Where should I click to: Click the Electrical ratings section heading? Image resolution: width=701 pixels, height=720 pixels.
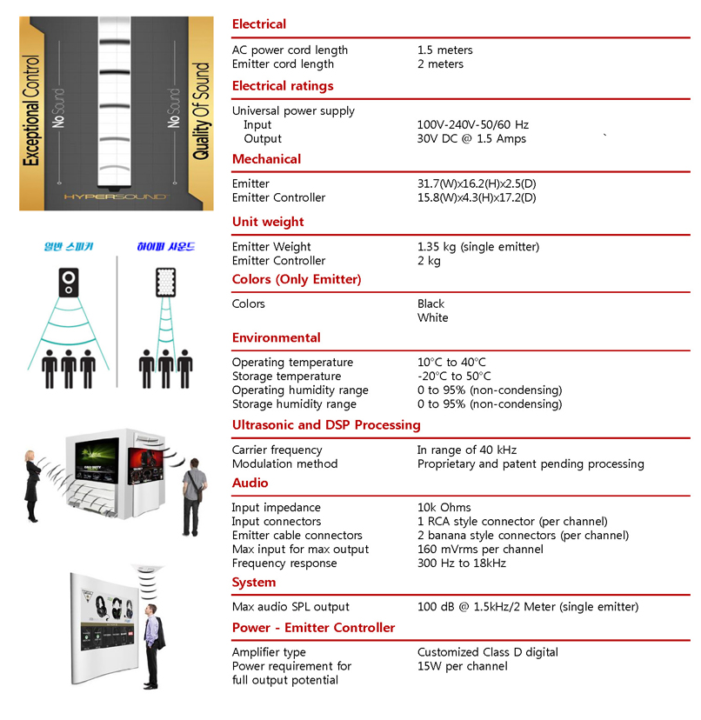283,86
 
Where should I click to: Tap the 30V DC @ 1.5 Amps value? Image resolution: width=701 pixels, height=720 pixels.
471,139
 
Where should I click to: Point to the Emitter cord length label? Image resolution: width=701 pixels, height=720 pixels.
283,64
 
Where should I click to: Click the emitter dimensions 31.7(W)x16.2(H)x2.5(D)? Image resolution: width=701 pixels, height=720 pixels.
477,184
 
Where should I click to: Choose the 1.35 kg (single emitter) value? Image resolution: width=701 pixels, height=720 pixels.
477,247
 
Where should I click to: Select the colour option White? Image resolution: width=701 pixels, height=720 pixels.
432,318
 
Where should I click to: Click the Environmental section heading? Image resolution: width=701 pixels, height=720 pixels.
276,338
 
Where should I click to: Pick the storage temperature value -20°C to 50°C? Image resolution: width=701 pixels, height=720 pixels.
454,377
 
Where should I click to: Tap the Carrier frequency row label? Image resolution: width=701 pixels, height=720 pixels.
277,450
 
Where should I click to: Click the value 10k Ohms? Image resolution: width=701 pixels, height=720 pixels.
444,508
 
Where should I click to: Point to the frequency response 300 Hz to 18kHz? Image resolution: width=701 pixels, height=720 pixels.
461,563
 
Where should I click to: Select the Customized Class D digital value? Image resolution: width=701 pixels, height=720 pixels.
487,652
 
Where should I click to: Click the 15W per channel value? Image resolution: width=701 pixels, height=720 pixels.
462,666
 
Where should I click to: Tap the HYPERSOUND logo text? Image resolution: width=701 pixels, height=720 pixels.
115,197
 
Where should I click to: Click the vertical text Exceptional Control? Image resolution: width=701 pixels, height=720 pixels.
31,110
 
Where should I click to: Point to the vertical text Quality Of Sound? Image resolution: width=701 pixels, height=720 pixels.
201,110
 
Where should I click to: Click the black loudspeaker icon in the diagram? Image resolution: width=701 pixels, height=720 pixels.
69,282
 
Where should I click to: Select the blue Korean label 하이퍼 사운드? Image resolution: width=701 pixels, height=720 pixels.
165,247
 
